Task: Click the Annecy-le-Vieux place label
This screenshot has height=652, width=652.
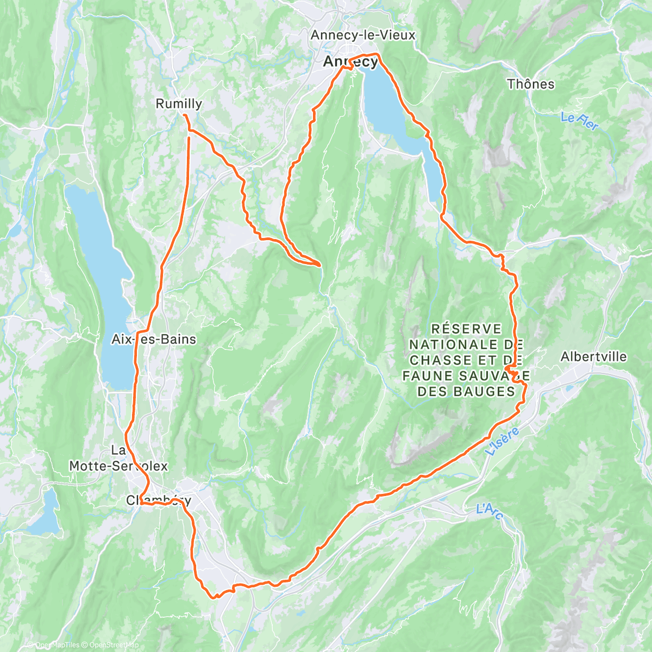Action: point(362,35)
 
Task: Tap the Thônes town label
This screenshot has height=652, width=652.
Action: point(530,84)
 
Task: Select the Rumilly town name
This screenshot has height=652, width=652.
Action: point(179,104)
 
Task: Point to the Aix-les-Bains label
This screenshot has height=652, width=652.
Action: point(153,340)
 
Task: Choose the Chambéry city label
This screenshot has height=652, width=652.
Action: point(158,500)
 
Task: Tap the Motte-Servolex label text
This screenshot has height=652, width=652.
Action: point(118,466)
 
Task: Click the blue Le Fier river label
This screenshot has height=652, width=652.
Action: point(579,121)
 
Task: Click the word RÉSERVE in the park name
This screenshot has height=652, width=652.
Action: point(466,329)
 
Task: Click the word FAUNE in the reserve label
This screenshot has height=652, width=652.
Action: point(428,375)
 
